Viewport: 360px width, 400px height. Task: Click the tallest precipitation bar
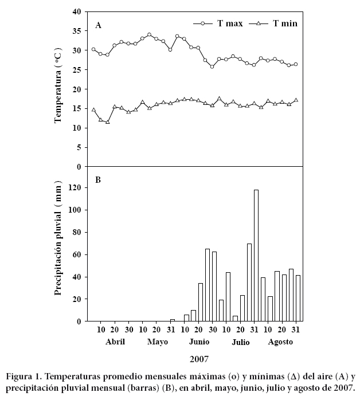256,256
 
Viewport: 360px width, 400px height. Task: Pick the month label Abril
114,342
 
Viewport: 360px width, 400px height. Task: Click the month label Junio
198,342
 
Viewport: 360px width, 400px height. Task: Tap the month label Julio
240,342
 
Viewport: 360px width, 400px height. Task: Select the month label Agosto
281,342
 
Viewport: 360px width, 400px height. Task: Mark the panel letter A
99,25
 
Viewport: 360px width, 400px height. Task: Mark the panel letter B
98,180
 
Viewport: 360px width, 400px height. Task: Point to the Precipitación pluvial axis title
58,244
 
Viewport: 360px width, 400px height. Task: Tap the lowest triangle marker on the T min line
107,121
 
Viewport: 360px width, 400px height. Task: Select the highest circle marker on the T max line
149,34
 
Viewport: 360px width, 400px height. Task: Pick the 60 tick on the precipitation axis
76,254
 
